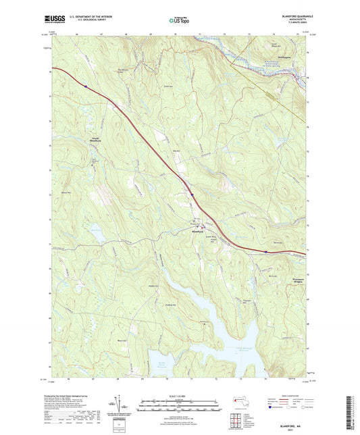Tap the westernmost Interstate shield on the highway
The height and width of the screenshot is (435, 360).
tap(86, 86)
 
